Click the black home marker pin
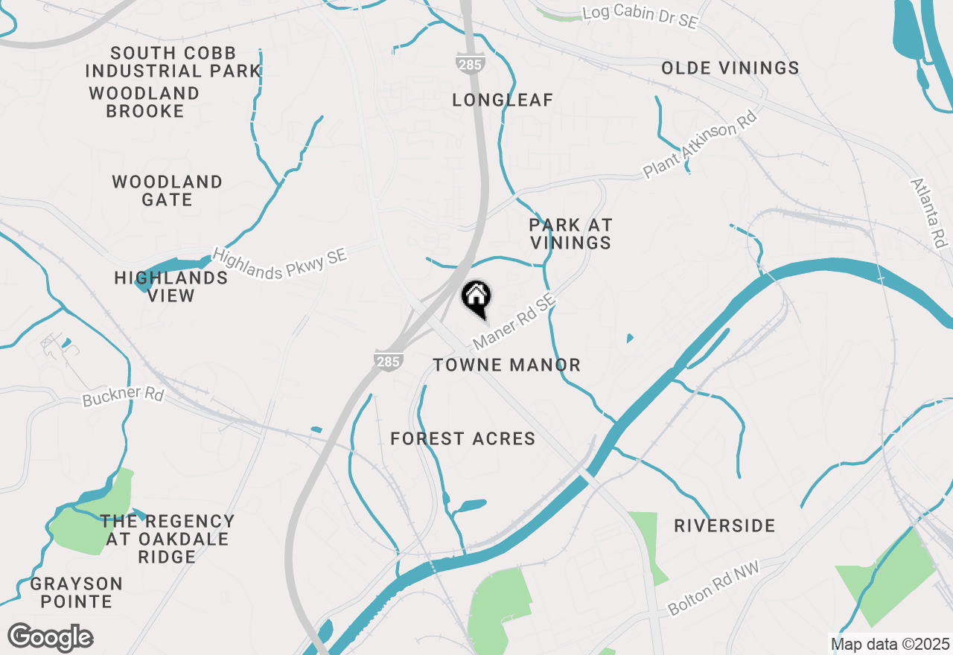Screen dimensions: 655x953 coord(476,298)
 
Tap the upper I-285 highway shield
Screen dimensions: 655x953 coord(470,63)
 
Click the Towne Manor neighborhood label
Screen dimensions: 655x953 coord(506,365)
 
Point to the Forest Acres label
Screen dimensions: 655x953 coord(463,439)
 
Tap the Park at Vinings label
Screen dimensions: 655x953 coord(570,234)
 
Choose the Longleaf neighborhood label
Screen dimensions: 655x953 coord(503,100)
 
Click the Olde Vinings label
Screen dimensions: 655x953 coord(730,68)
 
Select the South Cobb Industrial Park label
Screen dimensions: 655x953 coord(173,63)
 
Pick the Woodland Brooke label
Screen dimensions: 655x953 coord(144,103)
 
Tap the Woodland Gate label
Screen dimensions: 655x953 coord(168,191)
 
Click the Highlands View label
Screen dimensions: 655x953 coord(171,287)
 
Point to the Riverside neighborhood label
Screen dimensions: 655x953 coord(724,526)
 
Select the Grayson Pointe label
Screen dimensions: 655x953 coord(77,592)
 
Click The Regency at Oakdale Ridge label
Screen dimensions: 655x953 coord(168,539)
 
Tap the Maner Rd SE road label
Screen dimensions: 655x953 coord(514,322)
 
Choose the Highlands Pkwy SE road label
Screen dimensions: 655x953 coord(280,263)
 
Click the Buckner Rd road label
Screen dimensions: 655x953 coord(123,396)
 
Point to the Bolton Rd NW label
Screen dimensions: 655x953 coord(712,592)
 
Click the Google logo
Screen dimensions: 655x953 coord(50,638)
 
